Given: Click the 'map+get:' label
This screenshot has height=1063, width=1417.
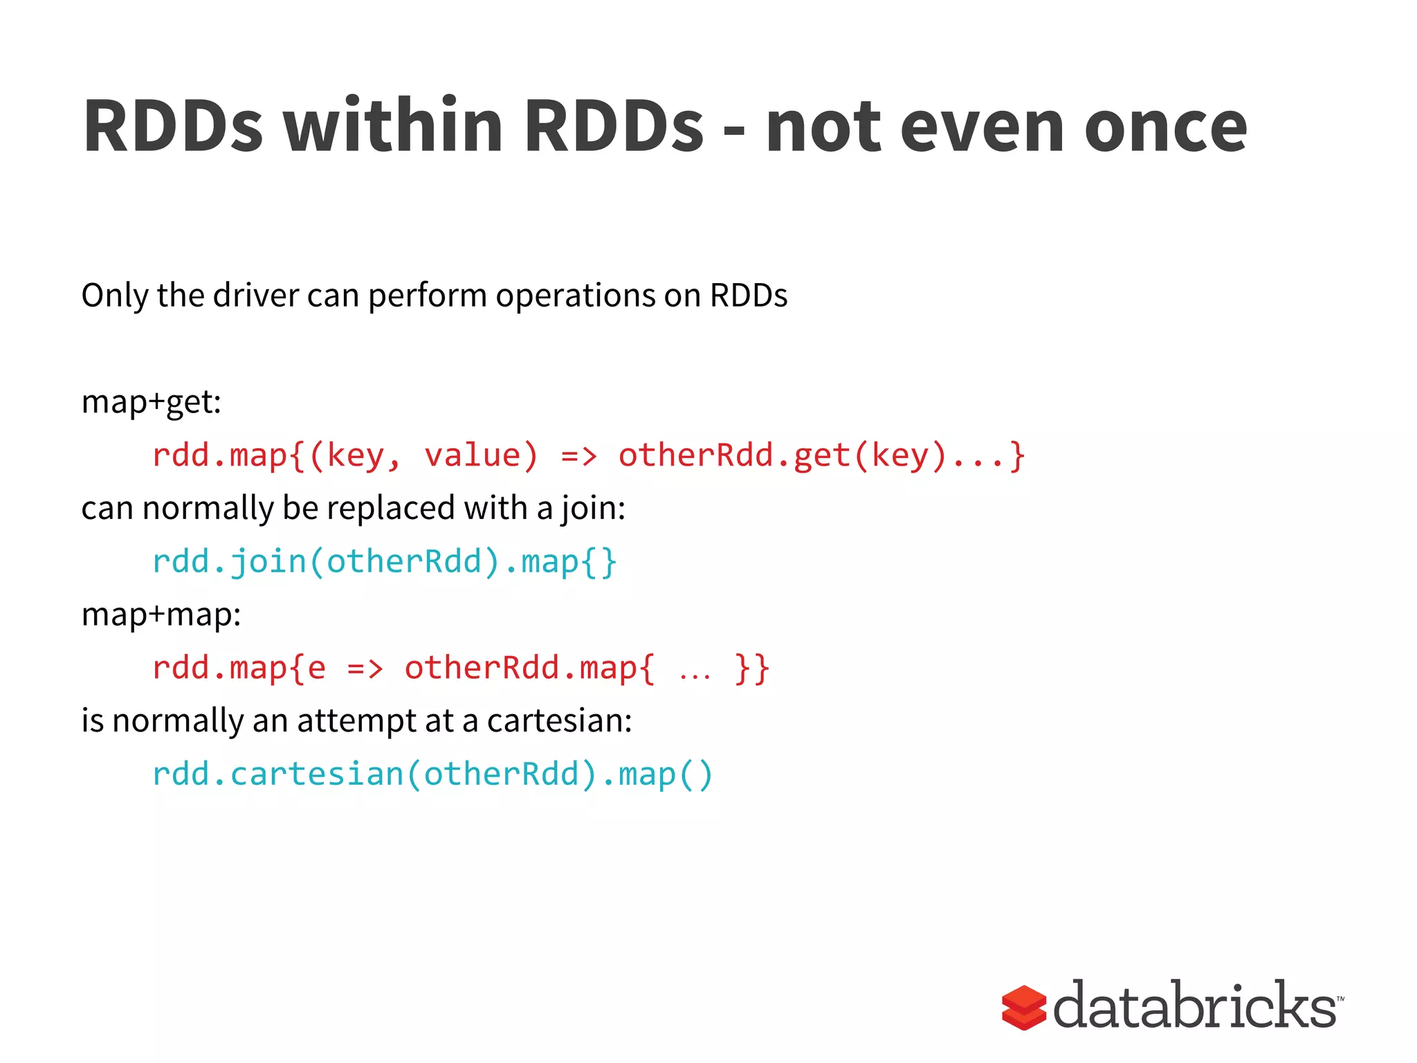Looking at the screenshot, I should (151, 402).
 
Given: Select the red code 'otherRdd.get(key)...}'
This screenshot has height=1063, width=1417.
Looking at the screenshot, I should (821, 456).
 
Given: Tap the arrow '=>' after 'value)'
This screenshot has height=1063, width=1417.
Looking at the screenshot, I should (578, 456).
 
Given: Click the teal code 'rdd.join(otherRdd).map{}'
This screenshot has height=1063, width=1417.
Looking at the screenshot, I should (384, 561).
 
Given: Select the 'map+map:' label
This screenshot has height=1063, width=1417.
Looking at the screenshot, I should (161, 615).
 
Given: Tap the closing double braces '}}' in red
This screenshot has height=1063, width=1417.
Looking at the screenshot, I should (753, 669).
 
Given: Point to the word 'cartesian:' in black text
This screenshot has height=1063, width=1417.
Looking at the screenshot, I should (559, 721).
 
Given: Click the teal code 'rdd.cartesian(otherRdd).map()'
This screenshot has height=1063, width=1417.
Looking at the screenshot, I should (432, 774).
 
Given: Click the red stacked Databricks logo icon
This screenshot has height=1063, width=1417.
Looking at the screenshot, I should (1023, 1007).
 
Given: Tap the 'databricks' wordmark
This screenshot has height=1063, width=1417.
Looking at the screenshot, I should (1195, 1006).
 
